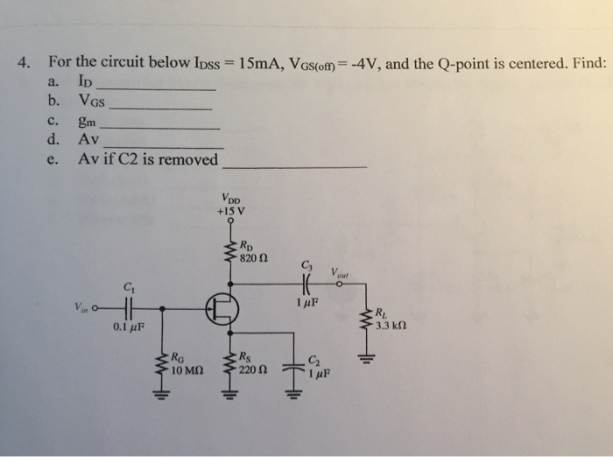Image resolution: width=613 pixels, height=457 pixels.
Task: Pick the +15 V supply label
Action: click(231, 209)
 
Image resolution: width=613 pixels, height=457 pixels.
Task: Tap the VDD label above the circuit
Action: click(231, 197)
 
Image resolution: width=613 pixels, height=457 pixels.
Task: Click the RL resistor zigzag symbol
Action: click(367, 323)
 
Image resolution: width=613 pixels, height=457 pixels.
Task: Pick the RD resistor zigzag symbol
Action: click(231, 252)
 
